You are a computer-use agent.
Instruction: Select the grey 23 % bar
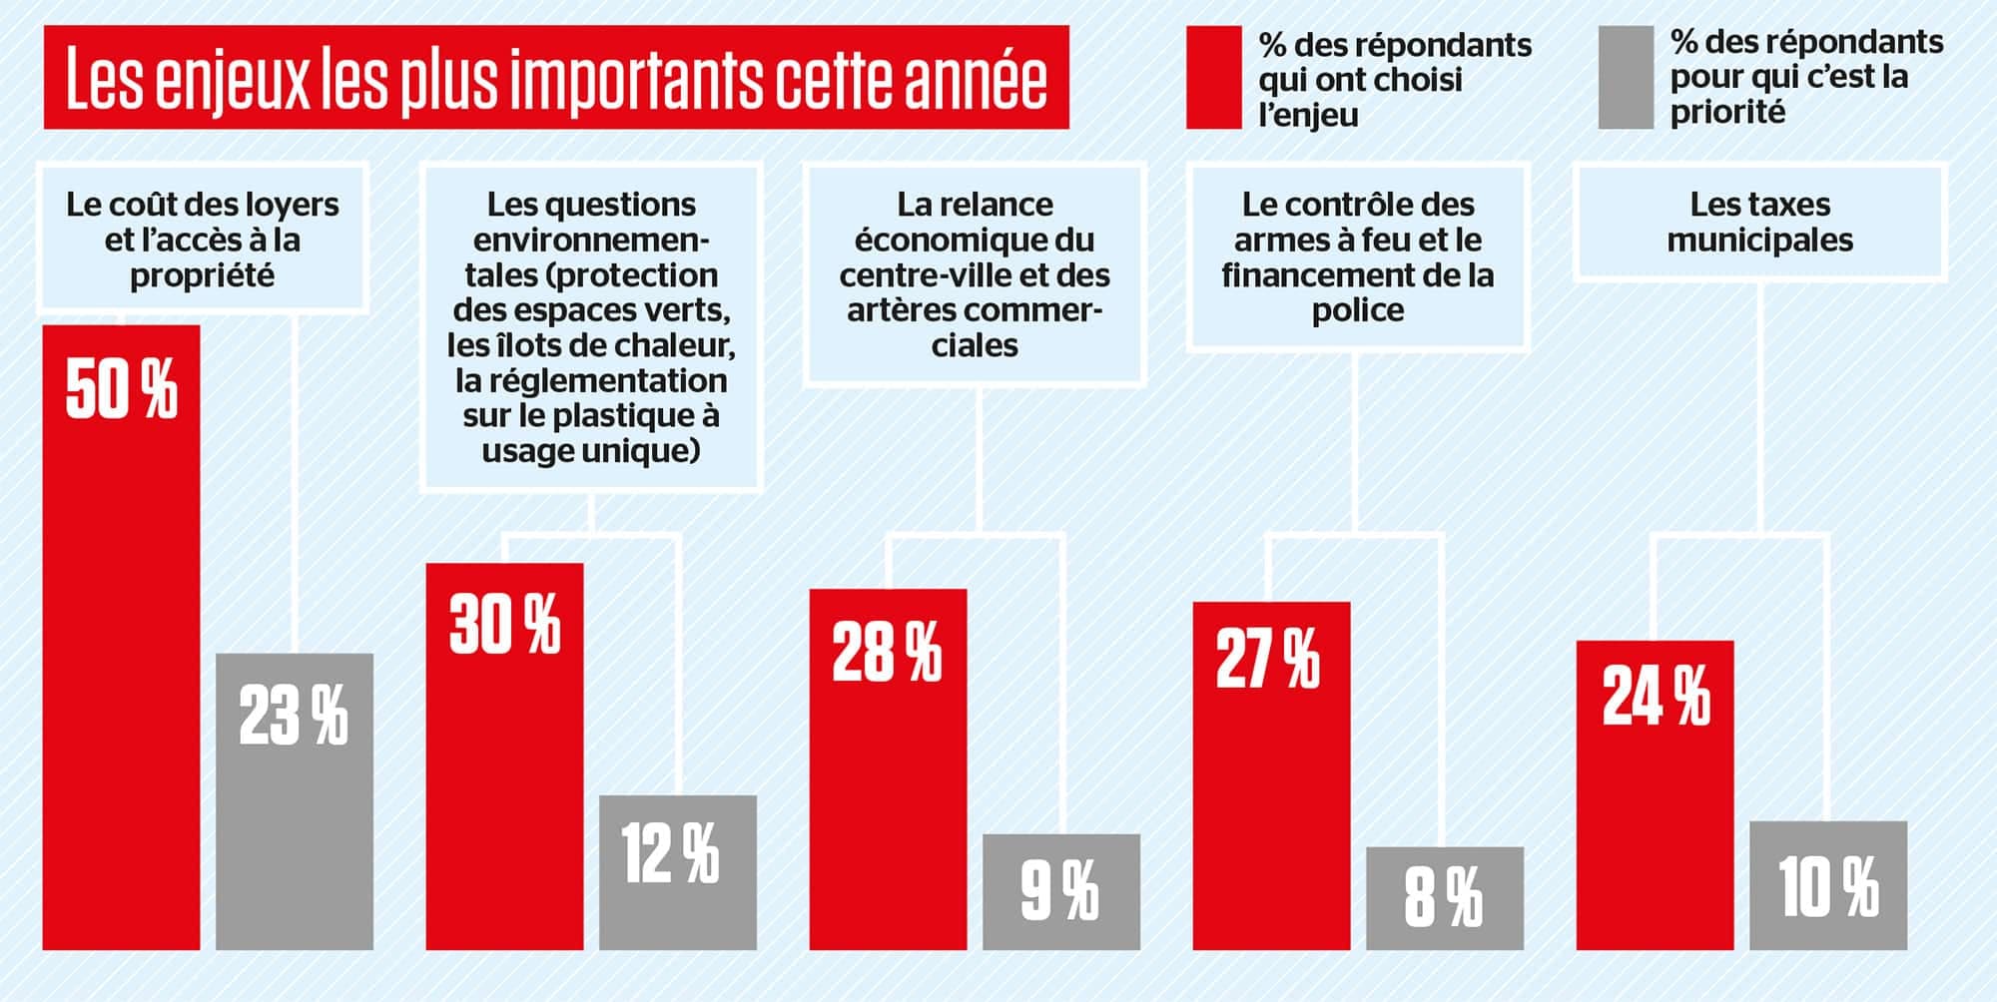pos(295,801)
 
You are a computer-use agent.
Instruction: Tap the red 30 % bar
pos(504,755)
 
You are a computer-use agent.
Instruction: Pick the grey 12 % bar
pos(678,872)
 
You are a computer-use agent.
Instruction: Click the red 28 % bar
pos(888,768)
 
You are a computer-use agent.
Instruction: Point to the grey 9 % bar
pos(1061,891)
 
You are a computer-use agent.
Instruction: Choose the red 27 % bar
pos(1271,775)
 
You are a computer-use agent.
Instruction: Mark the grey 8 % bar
pos(1445,898)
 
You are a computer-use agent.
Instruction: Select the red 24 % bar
pos(1655,794)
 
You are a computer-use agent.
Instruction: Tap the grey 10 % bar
pos(1828,885)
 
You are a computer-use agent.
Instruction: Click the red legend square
pos(1213,78)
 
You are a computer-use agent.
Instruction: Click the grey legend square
pos(1626,78)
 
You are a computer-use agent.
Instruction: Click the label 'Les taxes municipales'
pos(1759,222)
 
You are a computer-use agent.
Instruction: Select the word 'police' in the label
pos(1357,310)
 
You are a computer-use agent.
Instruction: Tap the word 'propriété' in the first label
pos(202,275)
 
